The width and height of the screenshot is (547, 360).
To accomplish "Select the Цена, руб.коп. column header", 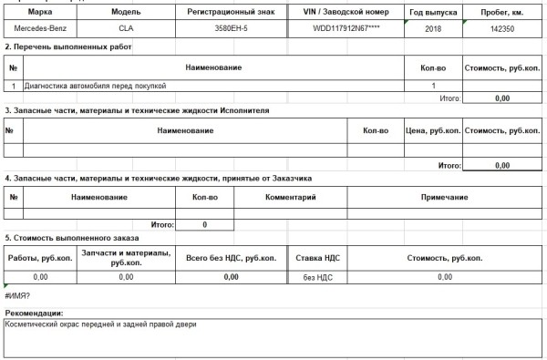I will (430, 131).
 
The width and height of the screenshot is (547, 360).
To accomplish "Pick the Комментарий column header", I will (291, 197).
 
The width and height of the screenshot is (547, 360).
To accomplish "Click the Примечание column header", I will (445, 197).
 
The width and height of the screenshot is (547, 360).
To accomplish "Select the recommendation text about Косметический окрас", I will (100, 324).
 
